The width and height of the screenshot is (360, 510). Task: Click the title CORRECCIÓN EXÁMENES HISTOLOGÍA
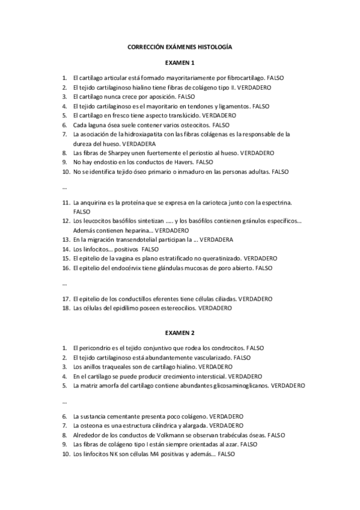coord(180,46)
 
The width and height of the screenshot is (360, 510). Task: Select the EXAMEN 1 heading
coord(180,63)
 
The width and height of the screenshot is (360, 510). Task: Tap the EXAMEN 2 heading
coord(180,333)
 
